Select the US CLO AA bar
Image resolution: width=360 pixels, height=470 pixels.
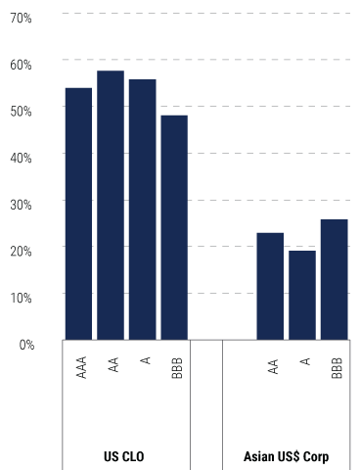(111, 206)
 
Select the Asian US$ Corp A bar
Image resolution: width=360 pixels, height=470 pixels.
(301, 295)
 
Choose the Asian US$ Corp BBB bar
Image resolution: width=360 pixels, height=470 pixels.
(334, 279)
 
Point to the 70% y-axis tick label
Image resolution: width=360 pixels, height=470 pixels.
(21, 18)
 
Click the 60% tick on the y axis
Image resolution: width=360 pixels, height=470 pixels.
(21, 64)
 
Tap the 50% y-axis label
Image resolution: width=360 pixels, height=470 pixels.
(21, 110)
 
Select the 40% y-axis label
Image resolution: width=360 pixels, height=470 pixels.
(21, 157)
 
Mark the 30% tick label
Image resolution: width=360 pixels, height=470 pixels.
(21, 204)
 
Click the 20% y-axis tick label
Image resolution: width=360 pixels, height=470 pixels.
(21, 250)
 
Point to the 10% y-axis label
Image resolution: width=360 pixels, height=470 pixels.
(21, 297)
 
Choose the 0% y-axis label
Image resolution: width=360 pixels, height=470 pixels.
(23, 344)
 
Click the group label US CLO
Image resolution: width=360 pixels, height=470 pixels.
(125, 456)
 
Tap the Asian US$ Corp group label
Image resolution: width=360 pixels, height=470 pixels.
(286, 456)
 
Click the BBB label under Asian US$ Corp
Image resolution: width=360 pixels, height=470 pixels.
(336, 367)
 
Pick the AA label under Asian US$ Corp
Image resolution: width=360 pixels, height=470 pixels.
(272, 365)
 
